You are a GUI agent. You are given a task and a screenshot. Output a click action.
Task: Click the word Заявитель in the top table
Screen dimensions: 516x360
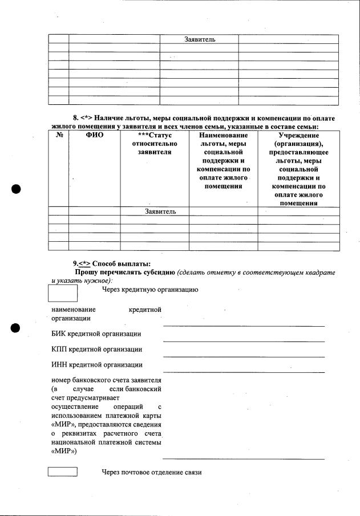click(x=199, y=39)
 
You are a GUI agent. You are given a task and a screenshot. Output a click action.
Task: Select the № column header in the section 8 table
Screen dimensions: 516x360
click(x=59, y=136)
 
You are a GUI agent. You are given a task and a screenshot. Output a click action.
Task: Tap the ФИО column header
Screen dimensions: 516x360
click(x=94, y=136)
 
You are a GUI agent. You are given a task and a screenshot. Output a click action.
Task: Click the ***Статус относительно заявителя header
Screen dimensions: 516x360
click(x=154, y=144)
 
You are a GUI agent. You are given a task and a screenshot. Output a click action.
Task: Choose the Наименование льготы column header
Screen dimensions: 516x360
click(x=223, y=161)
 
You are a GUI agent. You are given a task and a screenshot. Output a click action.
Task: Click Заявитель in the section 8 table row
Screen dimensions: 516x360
click(x=154, y=212)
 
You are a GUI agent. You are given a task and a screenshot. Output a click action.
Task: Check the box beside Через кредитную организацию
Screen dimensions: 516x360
click(x=63, y=292)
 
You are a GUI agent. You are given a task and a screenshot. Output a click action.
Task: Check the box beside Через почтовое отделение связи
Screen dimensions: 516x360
click(x=63, y=472)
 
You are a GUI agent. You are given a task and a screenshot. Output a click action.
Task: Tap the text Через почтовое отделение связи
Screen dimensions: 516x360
click(x=152, y=473)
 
